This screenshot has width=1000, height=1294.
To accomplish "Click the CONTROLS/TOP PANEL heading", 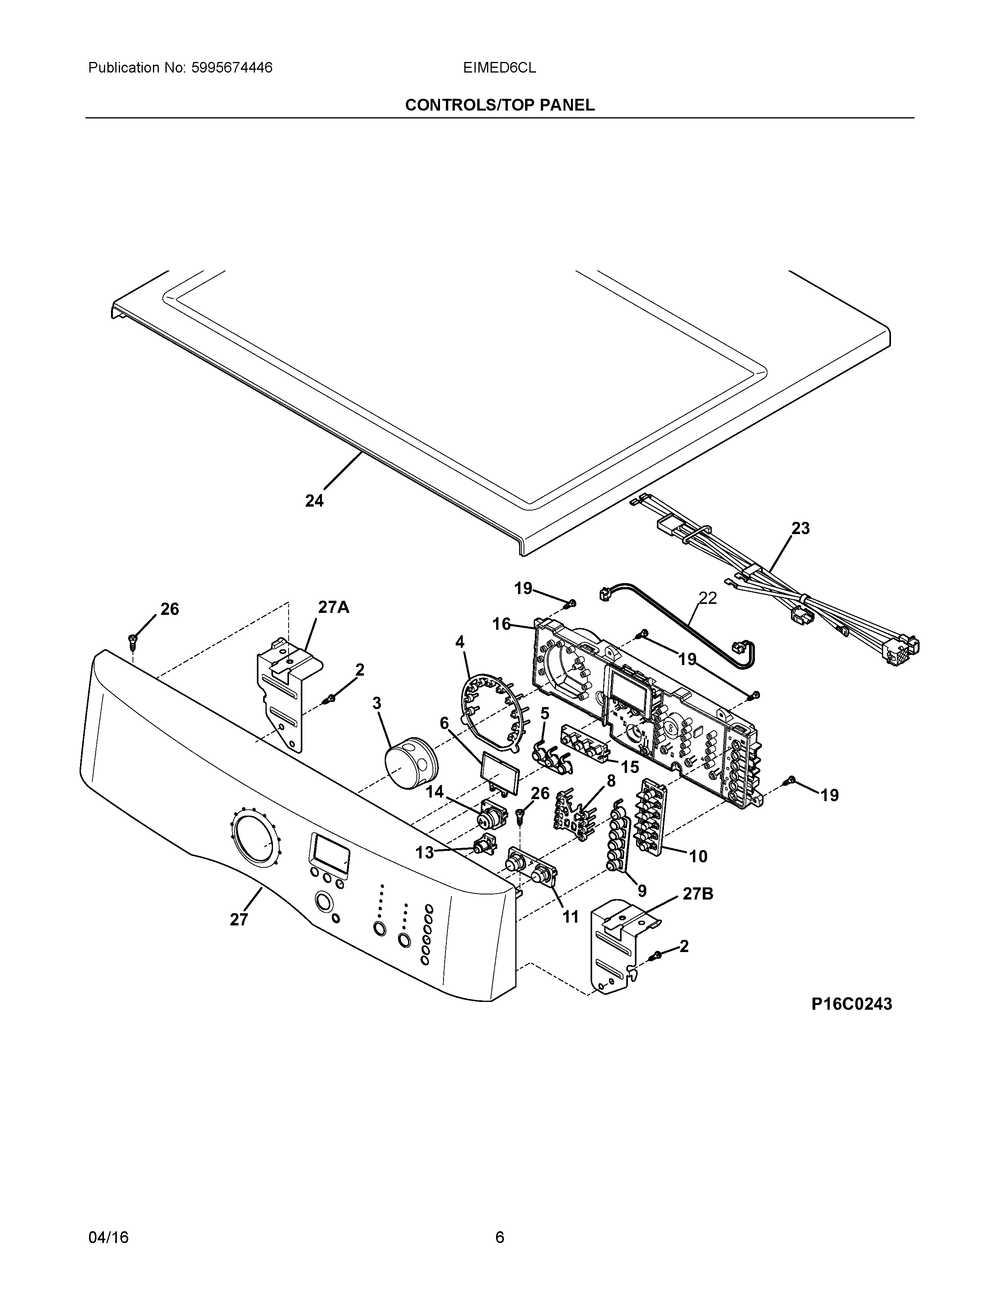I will coord(499,105).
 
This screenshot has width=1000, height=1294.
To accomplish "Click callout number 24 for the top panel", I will coord(315,501).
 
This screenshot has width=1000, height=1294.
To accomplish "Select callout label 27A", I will coord(334,607).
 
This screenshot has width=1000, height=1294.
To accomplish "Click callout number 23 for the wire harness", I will coord(800,528).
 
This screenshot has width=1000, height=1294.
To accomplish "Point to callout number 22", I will coord(707,598).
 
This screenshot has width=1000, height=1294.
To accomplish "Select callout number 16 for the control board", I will coord(501,624).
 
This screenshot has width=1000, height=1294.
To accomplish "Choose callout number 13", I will coord(424,852).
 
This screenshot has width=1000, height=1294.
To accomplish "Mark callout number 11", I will coord(570,917).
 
